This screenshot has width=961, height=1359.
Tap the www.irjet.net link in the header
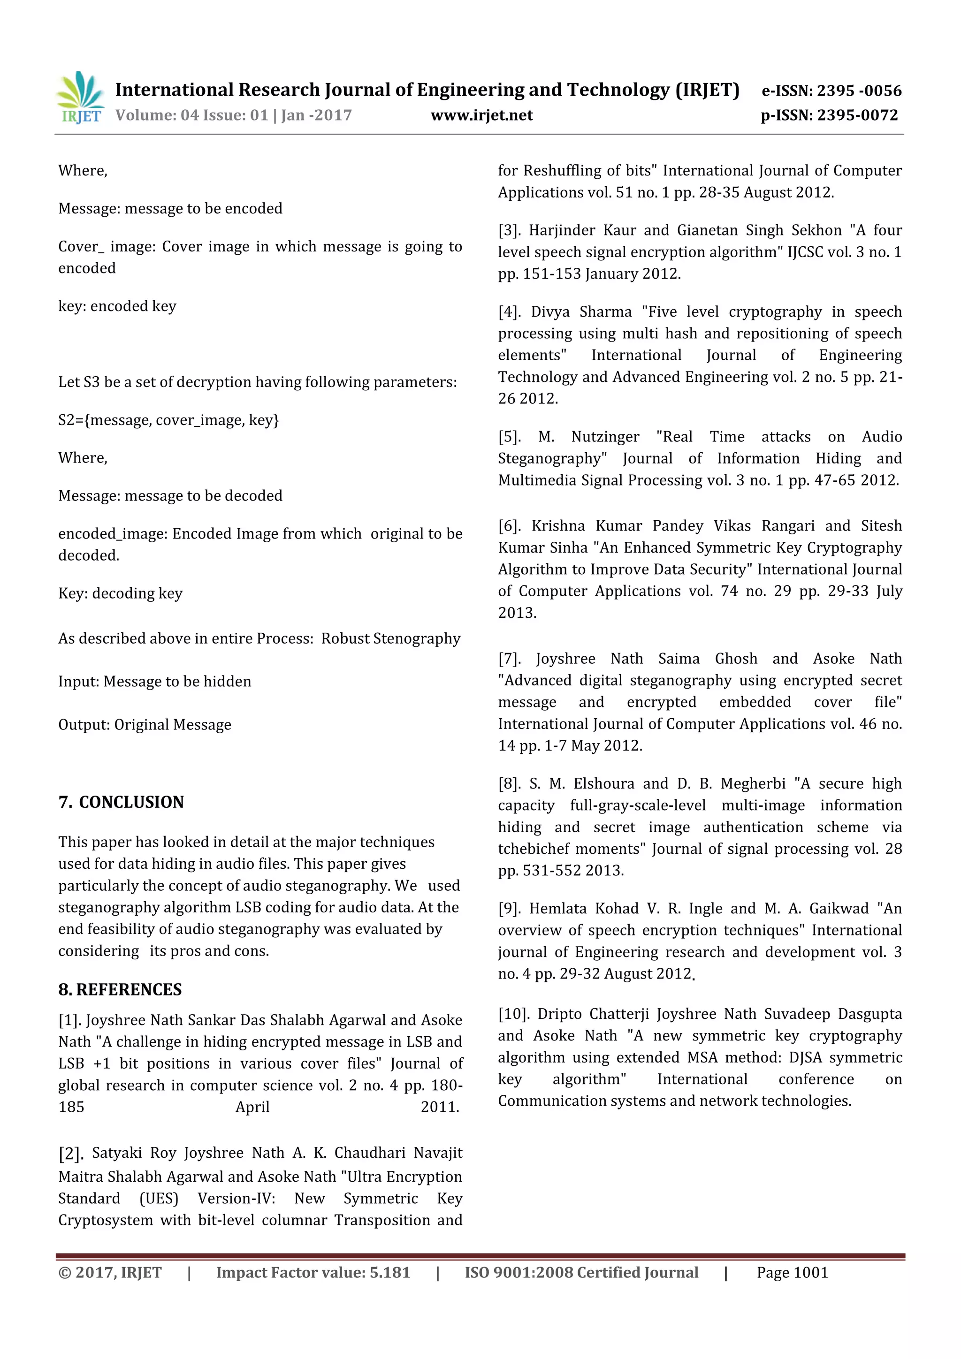[x=481, y=115]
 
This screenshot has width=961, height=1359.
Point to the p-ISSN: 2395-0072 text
[x=829, y=115]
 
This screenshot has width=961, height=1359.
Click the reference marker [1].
[x=70, y=1020]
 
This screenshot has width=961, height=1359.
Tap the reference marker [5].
[x=509, y=437]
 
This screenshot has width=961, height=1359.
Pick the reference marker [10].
[x=513, y=1014]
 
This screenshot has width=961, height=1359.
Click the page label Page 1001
[x=792, y=1272]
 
